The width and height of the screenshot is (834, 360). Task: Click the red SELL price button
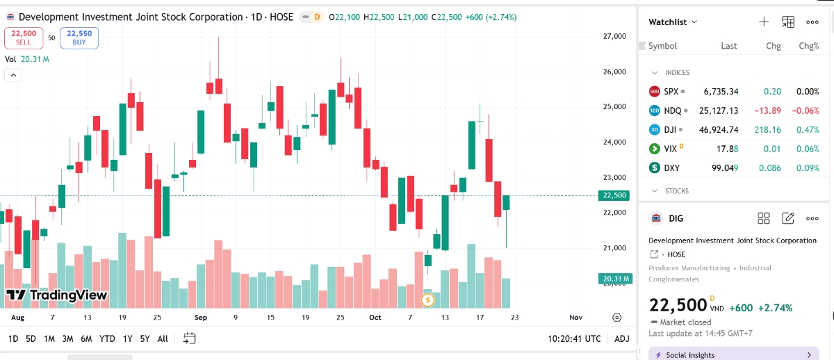[x=24, y=38]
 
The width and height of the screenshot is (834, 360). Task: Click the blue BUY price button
[x=79, y=38]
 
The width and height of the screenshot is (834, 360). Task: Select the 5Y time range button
[x=145, y=338]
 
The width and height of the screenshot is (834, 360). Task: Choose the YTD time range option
[x=107, y=338]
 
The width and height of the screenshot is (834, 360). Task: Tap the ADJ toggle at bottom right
[x=622, y=338]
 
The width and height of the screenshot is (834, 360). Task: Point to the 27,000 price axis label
[x=614, y=36]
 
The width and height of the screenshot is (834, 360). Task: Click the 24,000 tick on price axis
[x=614, y=142]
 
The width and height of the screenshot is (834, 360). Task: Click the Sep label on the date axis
[x=201, y=318]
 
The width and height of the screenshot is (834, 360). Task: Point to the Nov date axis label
[x=575, y=318]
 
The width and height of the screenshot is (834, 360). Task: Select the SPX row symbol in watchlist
[x=671, y=91]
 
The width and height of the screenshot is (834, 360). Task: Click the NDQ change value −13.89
[x=767, y=111]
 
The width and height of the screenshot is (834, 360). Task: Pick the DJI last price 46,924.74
[x=721, y=129]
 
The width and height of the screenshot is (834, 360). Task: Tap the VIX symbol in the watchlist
[x=670, y=149]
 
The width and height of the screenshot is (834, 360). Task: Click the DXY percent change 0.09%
[x=808, y=167]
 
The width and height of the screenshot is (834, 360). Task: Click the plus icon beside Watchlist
[x=763, y=22]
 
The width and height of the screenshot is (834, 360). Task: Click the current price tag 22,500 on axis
[x=615, y=195]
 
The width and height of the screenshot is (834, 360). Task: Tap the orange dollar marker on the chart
[x=428, y=300]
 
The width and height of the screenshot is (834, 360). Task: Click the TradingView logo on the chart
[x=57, y=295]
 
